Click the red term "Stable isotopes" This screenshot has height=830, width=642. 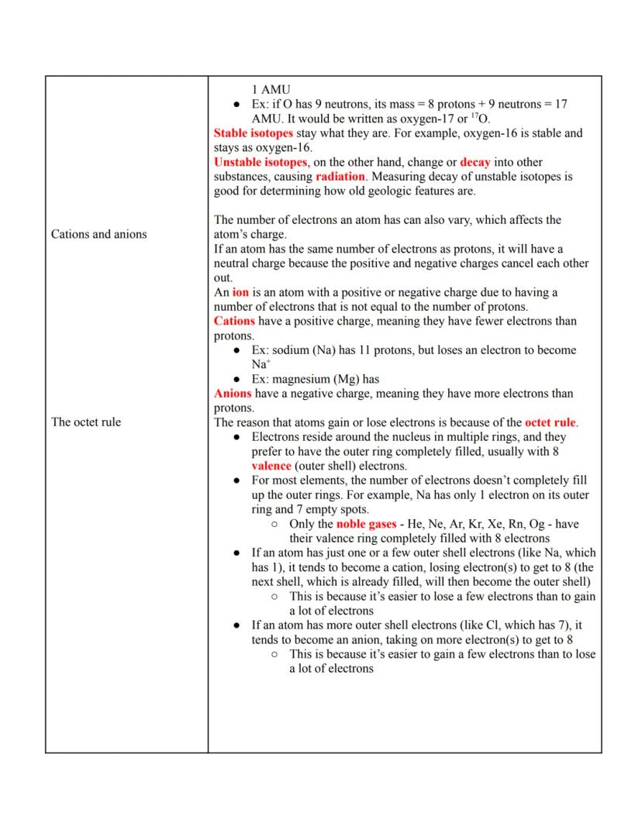[x=253, y=133]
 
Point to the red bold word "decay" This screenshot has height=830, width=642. [x=475, y=162]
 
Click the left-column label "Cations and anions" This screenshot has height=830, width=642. [x=98, y=234]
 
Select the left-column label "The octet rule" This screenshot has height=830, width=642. [x=86, y=422]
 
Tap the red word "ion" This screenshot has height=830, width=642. [x=240, y=292]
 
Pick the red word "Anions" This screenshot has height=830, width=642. [x=233, y=394]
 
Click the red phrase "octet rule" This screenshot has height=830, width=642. [x=551, y=422]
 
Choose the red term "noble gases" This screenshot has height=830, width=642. [x=366, y=524]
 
